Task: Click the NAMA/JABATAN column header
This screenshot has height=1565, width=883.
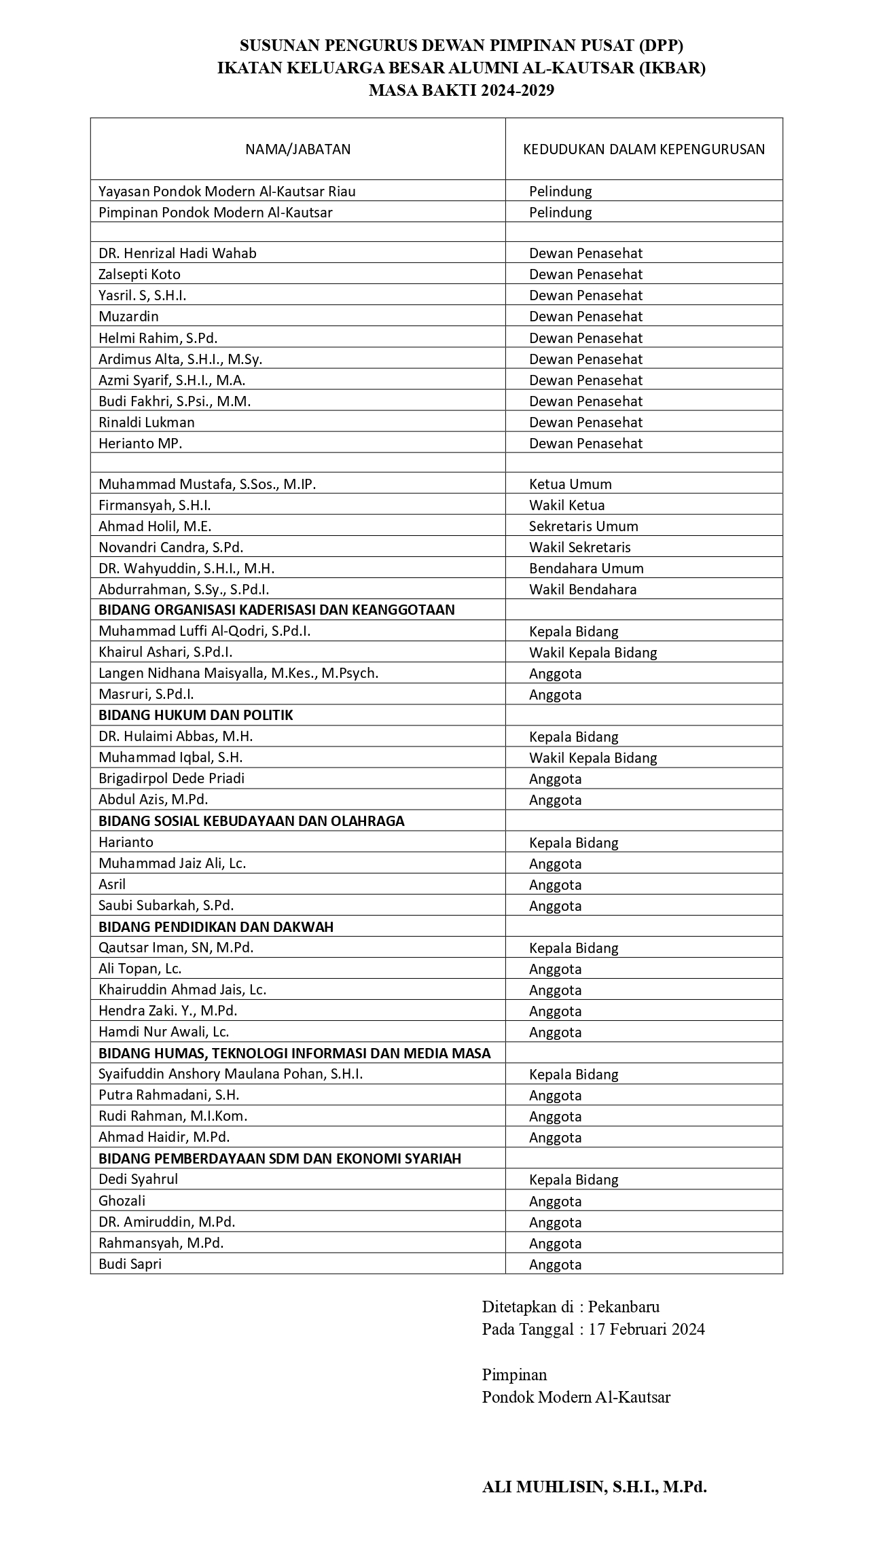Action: (x=298, y=149)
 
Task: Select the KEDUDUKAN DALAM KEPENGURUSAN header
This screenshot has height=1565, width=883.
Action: (x=643, y=149)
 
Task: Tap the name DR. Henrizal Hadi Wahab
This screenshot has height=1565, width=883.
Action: (x=177, y=253)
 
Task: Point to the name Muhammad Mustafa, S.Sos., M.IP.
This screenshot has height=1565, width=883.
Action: (x=207, y=484)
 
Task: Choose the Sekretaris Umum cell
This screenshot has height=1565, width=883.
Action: (x=583, y=526)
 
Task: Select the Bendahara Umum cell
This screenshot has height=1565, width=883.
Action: (x=586, y=569)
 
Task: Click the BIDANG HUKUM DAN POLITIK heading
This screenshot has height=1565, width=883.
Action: (x=196, y=715)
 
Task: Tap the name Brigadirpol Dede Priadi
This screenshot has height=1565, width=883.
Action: (x=171, y=778)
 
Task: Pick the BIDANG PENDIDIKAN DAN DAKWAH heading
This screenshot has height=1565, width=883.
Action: (x=216, y=927)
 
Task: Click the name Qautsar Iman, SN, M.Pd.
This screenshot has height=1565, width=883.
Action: (x=176, y=948)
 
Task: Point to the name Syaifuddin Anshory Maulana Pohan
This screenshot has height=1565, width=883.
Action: (x=230, y=1074)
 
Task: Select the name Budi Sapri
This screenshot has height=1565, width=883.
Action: (x=130, y=1264)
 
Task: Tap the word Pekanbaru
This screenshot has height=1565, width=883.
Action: (x=624, y=1306)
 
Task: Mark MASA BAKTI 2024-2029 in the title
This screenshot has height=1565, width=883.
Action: (x=461, y=90)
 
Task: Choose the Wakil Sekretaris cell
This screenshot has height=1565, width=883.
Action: (x=579, y=547)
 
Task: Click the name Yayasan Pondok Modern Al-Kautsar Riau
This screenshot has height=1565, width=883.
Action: (x=227, y=192)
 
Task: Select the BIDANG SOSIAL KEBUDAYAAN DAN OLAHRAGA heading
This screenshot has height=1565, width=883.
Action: (x=251, y=821)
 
